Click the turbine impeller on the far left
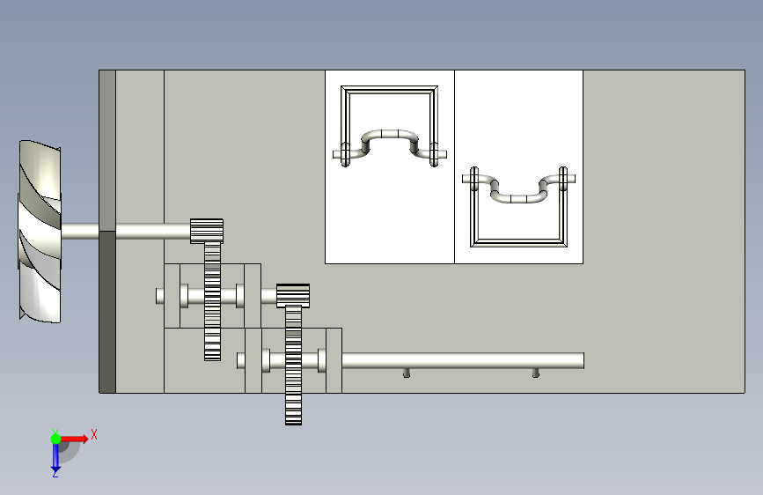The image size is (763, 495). click(x=40, y=231)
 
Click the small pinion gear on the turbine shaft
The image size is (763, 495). click(x=206, y=231)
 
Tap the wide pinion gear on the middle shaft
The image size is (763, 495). click(x=293, y=295)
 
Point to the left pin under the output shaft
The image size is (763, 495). click(x=407, y=373)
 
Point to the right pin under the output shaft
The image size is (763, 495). click(x=536, y=373)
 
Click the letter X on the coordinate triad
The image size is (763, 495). click(x=93, y=434)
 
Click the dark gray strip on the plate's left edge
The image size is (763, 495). click(x=107, y=308)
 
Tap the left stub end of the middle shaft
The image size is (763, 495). click(x=159, y=296)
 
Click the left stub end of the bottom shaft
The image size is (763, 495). click(x=240, y=360)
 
